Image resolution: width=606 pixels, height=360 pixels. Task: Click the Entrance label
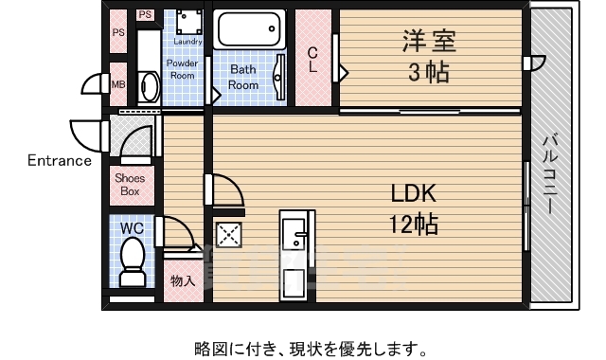[59, 160]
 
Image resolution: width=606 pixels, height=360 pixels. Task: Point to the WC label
[133, 228]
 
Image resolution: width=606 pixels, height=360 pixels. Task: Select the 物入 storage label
[183, 281]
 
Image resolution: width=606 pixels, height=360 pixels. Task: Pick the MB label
[118, 84]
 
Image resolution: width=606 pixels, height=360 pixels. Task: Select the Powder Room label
[182, 69]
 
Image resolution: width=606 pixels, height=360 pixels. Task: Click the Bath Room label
[243, 77]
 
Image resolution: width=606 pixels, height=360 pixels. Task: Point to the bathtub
[249, 29]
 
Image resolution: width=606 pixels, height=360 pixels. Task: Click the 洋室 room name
[430, 43]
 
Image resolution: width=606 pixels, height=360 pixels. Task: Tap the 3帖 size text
[429, 73]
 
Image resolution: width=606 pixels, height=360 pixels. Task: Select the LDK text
[414, 194]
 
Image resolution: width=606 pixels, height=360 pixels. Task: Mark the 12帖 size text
[414, 225]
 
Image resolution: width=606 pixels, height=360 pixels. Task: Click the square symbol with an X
[228, 236]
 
